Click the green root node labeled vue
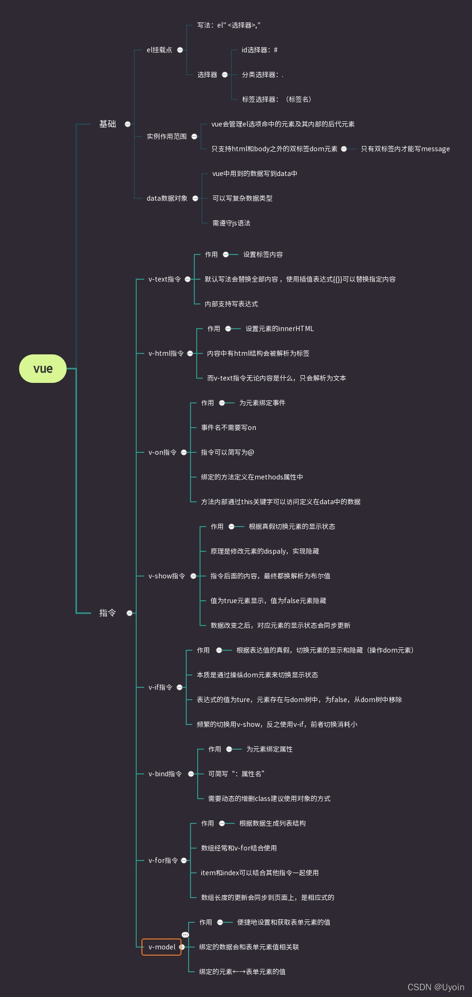coord(43,369)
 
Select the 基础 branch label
coord(108,124)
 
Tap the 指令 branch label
coord(108,613)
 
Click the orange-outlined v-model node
coord(161,947)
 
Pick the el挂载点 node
coord(159,50)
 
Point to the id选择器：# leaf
coord(260,50)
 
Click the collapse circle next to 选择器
coord(225,75)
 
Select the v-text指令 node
coord(164,279)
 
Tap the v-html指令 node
coord(166,353)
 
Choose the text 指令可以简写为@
coord(228,452)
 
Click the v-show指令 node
coord(167,576)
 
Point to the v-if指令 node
coord(161,687)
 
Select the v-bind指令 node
coord(165,774)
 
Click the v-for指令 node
coord(163,860)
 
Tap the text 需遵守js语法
coord(231,223)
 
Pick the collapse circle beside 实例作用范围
coord(194,137)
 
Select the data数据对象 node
coord(167,198)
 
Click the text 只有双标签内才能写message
coord(405,149)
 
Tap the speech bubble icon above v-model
coord(185,935)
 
